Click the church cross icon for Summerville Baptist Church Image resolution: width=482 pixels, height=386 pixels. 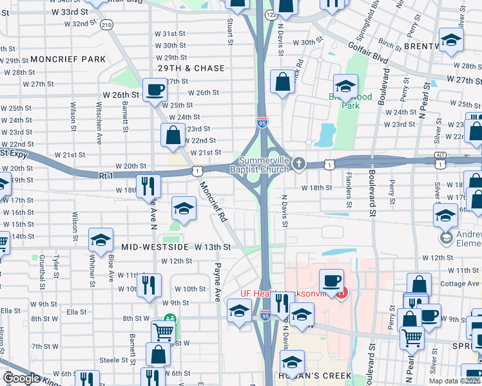(298, 163)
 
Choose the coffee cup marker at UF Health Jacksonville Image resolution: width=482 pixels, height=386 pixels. (331, 280)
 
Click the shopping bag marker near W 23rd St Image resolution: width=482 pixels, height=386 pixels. (173, 135)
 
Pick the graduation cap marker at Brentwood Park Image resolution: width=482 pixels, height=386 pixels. (345, 86)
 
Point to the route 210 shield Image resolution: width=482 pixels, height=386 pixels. (106, 24)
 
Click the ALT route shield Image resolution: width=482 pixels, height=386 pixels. (440, 154)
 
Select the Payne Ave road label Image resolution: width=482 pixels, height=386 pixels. (218, 282)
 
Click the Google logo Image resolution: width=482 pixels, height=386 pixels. (21, 378)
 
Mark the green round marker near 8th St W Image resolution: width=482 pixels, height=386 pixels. (170, 318)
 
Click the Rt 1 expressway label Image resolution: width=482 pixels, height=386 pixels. (106, 175)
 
